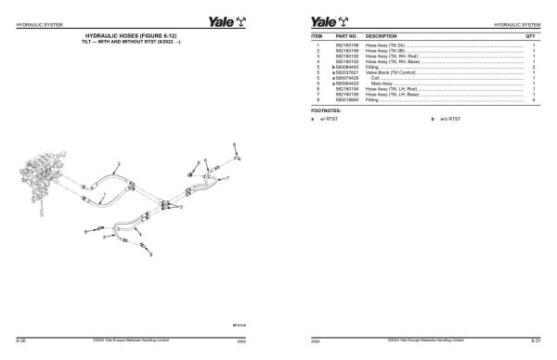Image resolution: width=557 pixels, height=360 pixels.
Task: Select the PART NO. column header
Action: [x=345, y=36]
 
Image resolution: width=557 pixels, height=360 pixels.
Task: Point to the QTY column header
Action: [x=530, y=36]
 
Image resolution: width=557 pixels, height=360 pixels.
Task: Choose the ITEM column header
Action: [x=317, y=36]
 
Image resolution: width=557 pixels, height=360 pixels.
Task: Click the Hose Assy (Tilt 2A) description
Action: [x=385, y=45]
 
